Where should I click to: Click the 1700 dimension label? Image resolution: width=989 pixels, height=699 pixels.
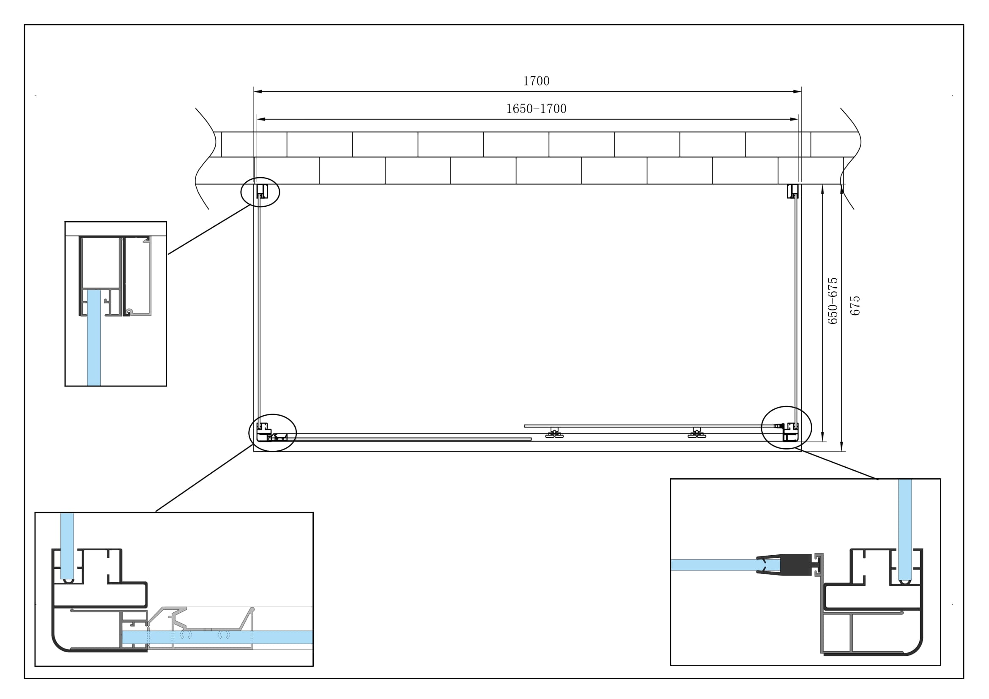(536, 81)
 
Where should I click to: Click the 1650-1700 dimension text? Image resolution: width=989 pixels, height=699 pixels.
(536, 109)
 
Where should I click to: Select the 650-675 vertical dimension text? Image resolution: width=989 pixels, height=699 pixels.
(833, 301)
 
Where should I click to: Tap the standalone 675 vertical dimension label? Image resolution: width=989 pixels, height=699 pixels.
(855, 306)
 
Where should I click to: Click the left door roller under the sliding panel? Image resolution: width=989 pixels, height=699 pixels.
(554, 433)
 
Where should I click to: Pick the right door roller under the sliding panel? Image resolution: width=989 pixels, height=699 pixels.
(696, 433)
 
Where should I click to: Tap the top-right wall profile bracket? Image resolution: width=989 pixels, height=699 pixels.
(792, 191)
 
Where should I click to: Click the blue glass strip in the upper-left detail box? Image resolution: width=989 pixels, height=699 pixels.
(94, 338)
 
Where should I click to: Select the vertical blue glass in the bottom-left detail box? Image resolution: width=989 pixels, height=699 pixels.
(67, 545)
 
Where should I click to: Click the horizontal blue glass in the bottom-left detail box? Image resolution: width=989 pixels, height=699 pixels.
(224, 637)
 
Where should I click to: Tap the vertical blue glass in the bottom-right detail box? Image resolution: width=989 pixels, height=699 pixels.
(905, 530)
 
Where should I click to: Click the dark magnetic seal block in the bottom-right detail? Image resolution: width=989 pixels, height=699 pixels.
(796, 565)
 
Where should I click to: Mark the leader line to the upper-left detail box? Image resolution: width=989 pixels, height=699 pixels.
(209, 229)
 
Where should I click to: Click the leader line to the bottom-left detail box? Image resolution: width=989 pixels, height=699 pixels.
(204, 478)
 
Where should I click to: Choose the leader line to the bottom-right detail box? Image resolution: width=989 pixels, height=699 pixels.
(838, 463)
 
